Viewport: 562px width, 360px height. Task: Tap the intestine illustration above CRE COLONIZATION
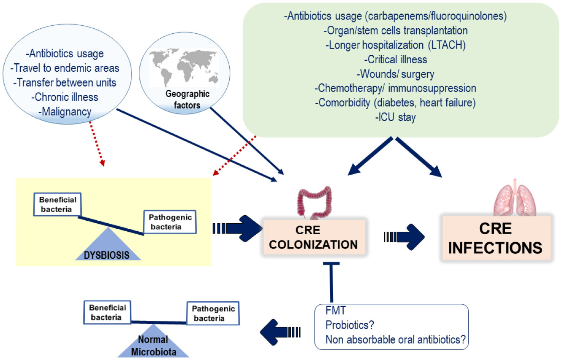312,203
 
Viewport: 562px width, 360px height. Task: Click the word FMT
336,311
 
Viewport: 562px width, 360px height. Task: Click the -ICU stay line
395,117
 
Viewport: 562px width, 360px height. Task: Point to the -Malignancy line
65,111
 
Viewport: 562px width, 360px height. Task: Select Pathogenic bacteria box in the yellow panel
170,222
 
